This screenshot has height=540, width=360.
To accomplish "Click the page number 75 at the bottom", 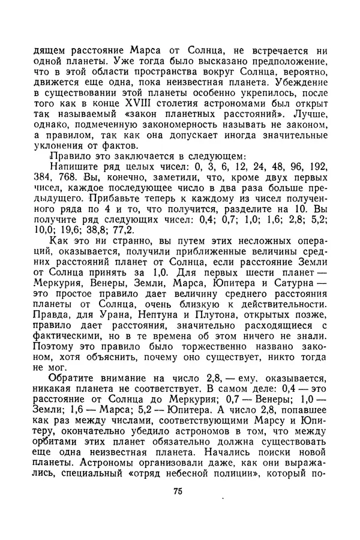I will (178, 491).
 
